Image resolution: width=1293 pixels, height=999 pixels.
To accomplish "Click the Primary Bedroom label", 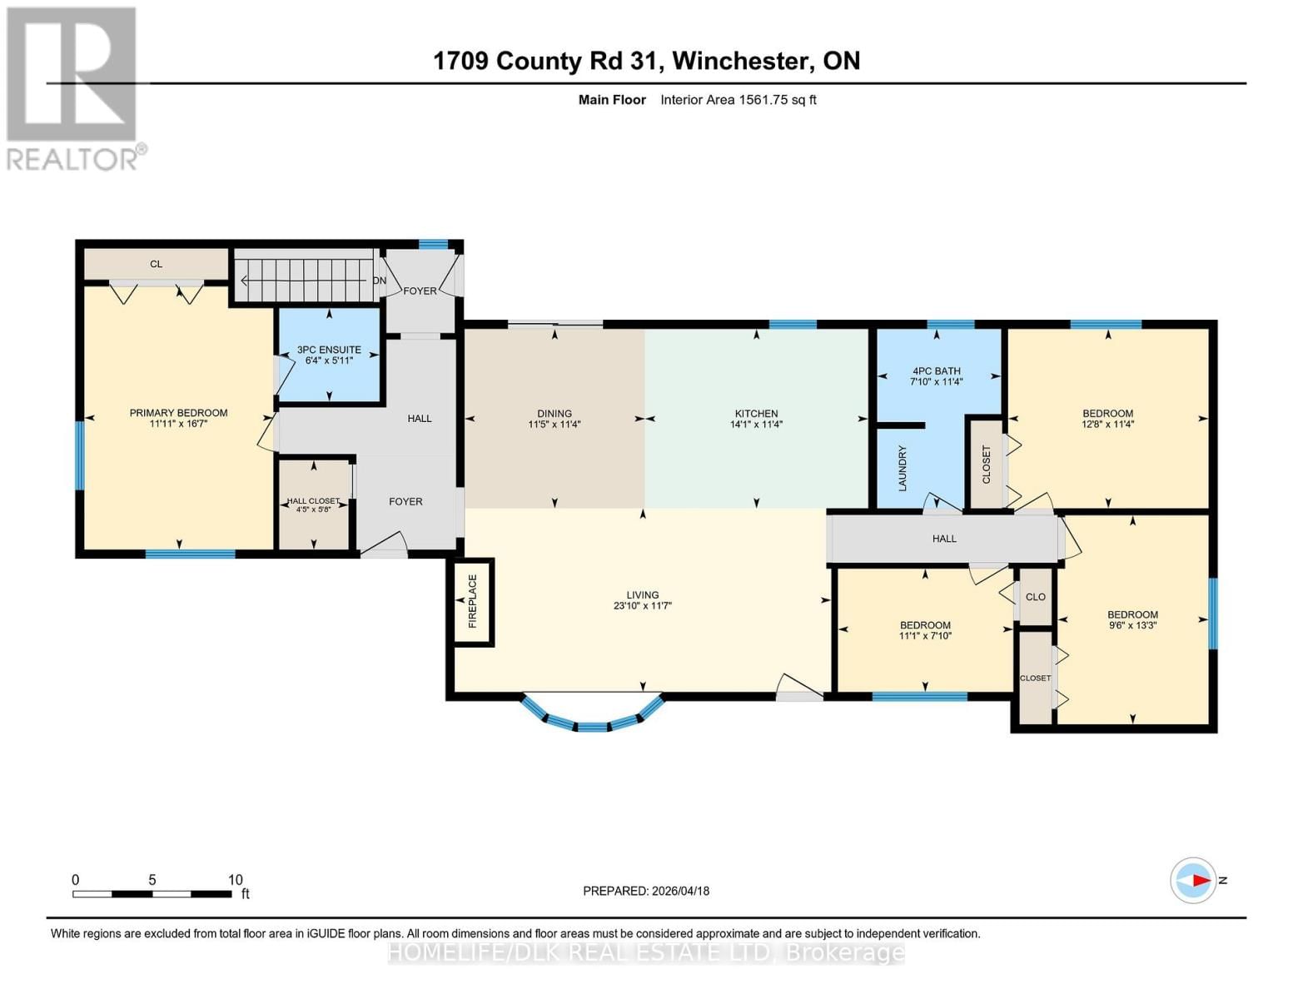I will click(178, 413).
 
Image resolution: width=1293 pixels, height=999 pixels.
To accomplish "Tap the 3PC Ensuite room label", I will click(329, 350).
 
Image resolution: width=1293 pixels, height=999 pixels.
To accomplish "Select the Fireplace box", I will click(472, 601).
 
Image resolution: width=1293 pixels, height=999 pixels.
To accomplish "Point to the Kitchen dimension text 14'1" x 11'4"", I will click(756, 425).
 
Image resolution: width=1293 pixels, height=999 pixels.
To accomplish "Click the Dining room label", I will click(554, 413).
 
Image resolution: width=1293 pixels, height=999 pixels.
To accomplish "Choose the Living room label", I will click(642, 595).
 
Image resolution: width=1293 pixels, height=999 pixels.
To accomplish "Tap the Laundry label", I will click(902, 468).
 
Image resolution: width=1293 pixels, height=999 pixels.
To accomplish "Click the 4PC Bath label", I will click(936, 371).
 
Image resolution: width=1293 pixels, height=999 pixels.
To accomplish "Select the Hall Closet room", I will click(313, 504).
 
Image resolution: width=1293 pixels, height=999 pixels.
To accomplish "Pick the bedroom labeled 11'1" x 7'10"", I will click(924, 630).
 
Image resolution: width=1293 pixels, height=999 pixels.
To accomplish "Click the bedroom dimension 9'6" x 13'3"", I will click(1132, 626).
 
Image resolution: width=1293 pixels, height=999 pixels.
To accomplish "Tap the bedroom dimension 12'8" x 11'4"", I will click(1107, 425).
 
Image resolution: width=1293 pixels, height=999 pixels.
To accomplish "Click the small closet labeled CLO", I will click(1036, 597).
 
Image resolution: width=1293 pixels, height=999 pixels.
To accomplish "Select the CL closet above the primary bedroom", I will click(156, 264).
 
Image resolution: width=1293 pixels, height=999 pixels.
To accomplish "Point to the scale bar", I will click(152, 894).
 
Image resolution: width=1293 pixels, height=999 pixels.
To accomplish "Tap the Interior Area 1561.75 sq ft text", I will click(738, 100).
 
